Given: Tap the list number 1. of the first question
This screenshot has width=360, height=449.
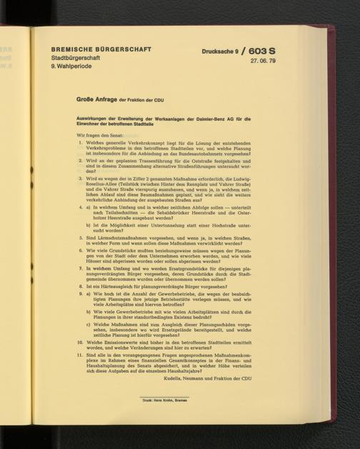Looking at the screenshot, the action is (81, 144).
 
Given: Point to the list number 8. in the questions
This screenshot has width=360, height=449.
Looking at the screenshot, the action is (81, 286).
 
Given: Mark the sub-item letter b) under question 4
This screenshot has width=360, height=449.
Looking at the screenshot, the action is (89, 224).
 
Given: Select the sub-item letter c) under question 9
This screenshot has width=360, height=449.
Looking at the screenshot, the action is (89, 325).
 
